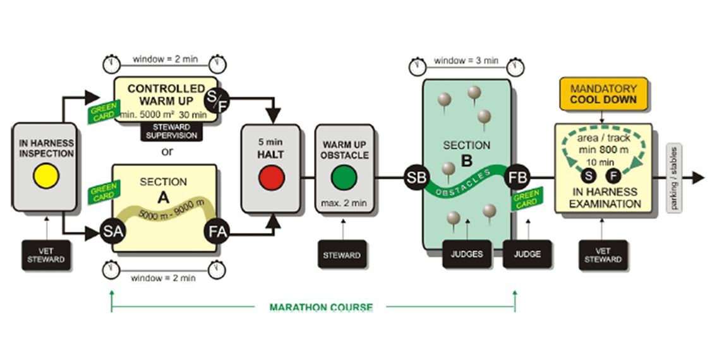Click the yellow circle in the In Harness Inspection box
pyautogui.click(x=47, y=177)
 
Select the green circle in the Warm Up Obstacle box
pyautogui.click(x=344, y=177)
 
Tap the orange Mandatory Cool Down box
pyautogui.click(x=603, y=93)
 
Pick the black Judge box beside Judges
pyautogui.click(x=526, y=255)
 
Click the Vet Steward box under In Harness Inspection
pyautogui.click(x=47, y=255)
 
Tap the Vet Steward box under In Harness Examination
pyautogui.click(x=603, y=255)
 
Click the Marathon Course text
pyautogui.click(x=321, y=308)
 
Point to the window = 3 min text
pyautogui.click(x=466, y=61)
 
